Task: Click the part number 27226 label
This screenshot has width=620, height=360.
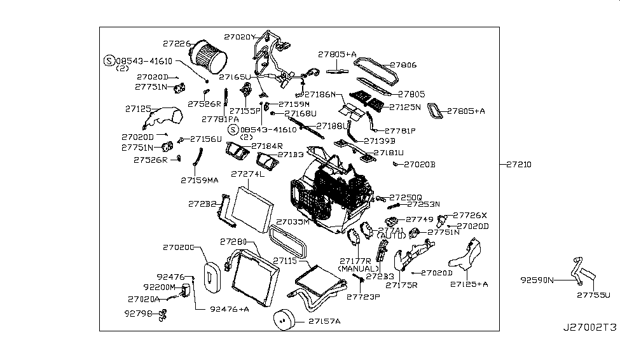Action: click(176, 44)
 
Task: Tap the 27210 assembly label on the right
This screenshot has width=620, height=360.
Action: click(519, 165)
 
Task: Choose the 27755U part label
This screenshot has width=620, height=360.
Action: click(593, 294)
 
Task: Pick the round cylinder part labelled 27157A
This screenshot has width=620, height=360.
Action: click(286, 322)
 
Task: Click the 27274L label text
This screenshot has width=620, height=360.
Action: click(247, 174)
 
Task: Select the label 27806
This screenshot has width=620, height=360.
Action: click(403, 65)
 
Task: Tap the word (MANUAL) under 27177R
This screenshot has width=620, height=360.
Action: click(359, 269)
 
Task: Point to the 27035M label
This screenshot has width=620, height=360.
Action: click(293, 222)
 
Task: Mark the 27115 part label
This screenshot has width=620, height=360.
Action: click(286, 261)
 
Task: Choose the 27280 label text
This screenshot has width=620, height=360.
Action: click(233, 242)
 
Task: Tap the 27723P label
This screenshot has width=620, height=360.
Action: click(362, 296)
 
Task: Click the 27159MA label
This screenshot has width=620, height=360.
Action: click(199, 181)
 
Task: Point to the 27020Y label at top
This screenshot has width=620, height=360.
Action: click(239, 37)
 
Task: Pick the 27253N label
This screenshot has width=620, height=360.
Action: click(424, 205)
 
